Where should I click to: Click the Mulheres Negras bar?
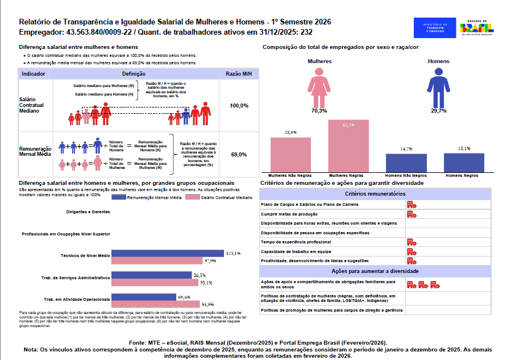(348, 146)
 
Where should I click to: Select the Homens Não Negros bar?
(406, 163)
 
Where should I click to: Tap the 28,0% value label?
(290, 133)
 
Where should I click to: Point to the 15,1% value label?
(464, 149)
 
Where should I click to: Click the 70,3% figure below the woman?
(319, 111)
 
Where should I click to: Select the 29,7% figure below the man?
(438, 111)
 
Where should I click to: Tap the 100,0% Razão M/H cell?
(239, 106)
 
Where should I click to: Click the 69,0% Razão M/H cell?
(239, 154)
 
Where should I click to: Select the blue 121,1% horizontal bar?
(168, 254)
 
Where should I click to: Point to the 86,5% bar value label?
(200, 275)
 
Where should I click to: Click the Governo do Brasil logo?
(476, 28)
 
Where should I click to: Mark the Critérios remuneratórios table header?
(375, 194)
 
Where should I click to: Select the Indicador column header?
(34, 75)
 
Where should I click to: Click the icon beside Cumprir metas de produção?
(412, 214)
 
